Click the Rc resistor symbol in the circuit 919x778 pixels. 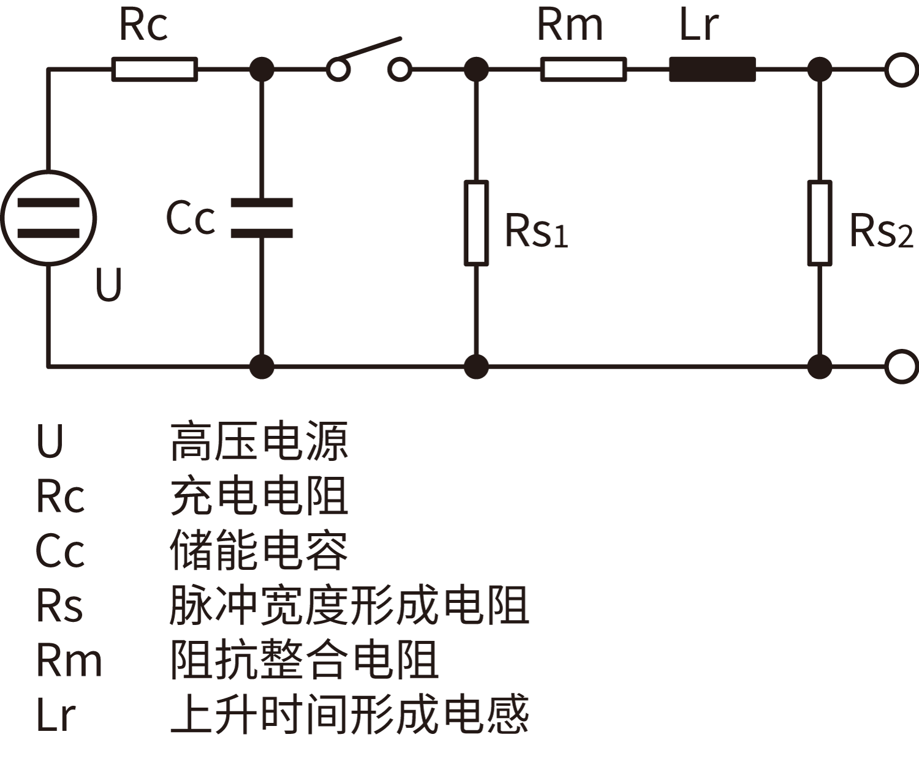click(154, 69)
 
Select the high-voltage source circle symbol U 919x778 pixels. click(48, 218)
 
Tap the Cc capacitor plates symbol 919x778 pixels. click(262, 218)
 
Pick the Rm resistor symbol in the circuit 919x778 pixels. click(583, 69)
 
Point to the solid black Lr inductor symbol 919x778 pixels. click(712, 69)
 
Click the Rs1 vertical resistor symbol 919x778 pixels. click(476, 223)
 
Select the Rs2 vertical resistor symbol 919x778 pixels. click(819, 223)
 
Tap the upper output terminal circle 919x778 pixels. click(901, 69)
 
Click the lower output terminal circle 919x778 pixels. click(901, 367)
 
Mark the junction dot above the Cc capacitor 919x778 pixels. click(262, 69)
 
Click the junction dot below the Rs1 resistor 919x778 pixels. click(476, 367)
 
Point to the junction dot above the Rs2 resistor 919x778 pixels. click(819, 69)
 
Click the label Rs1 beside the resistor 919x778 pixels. click(536, 231)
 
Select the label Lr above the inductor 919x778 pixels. click(698, 26)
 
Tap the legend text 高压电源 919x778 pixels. click(259, 441)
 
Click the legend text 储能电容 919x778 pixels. click(259, 551)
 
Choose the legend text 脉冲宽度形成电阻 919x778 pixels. click(349, 605)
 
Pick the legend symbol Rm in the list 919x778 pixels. click(69, 660)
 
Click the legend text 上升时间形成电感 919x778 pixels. click(349, 714)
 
